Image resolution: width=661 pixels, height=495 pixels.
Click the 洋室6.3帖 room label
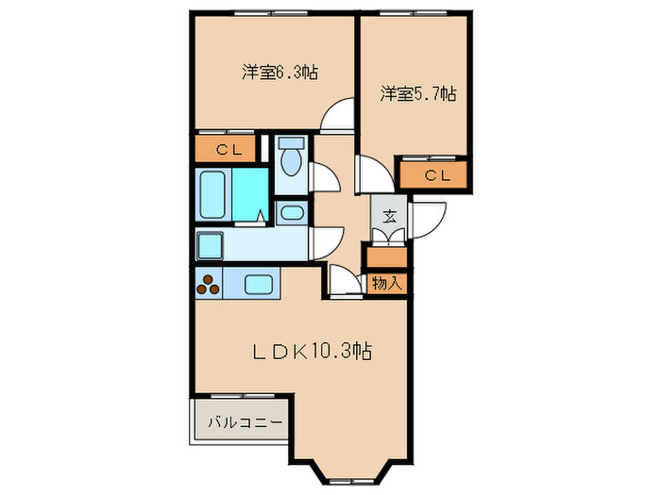click(x=279, y=72)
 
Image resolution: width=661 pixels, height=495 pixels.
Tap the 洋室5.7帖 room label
click(x=418, y=93)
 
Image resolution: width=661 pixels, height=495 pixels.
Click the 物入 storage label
click(x=387, y=281)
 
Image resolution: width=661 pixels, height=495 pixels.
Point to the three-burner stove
click(x=210, y=283)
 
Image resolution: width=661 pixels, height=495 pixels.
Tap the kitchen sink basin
click(x=258, y=283)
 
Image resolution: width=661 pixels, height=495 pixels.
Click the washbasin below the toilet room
click(x=292, y=211)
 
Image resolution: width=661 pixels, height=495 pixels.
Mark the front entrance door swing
click(x=423, y=219)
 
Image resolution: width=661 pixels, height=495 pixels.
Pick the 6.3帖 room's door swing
click(x=334, y=119)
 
